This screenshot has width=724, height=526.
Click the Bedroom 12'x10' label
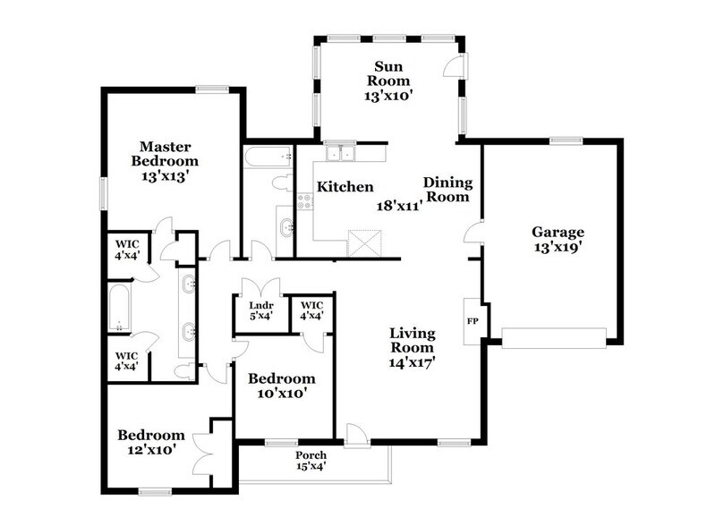pyautogui.click(x=151, y=442)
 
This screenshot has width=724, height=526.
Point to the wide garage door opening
pyautogui.click(x=555, y=336)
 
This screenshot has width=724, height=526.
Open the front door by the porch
pyautogui.click(x=355, y=435)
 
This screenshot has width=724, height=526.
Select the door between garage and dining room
pyautogui.click(x=474, y=235)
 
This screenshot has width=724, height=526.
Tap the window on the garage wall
pyautogui.click(x=566, y=140)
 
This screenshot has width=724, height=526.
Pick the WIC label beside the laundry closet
pyautogui.click(x=311, y=310)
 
